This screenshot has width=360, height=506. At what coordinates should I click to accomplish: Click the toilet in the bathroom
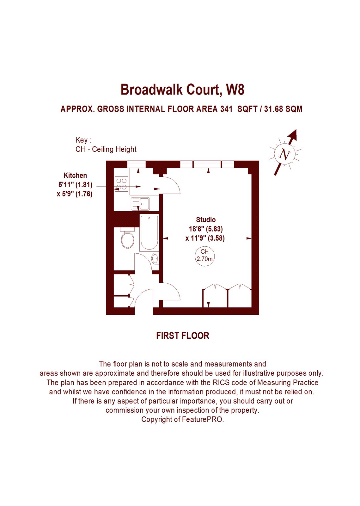(127, 238)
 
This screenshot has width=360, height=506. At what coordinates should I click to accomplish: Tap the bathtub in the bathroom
(149, 233)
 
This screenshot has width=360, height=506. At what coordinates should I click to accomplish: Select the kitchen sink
(140, 204)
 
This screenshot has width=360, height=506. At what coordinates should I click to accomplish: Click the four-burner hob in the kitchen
(122, 184)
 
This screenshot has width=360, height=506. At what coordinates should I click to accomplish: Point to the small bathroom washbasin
(155, 258)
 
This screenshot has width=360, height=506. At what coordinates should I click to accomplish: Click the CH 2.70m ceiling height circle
(204, 255)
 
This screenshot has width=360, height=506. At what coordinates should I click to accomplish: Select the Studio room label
(206, 219)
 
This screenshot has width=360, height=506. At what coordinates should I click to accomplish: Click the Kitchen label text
(75, 175)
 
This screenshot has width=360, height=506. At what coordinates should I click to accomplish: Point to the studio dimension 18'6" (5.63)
(206, 229)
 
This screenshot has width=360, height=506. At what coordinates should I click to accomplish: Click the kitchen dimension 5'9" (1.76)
(75, 194)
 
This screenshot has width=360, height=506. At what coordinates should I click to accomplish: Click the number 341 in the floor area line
(226, 109)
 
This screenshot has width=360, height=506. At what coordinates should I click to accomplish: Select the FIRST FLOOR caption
(183, 336)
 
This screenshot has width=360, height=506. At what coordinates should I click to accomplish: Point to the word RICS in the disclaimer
(220, 382)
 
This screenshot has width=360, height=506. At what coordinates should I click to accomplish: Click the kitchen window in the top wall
(136, 164)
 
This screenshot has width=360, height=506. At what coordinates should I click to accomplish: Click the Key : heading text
(84, 140)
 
